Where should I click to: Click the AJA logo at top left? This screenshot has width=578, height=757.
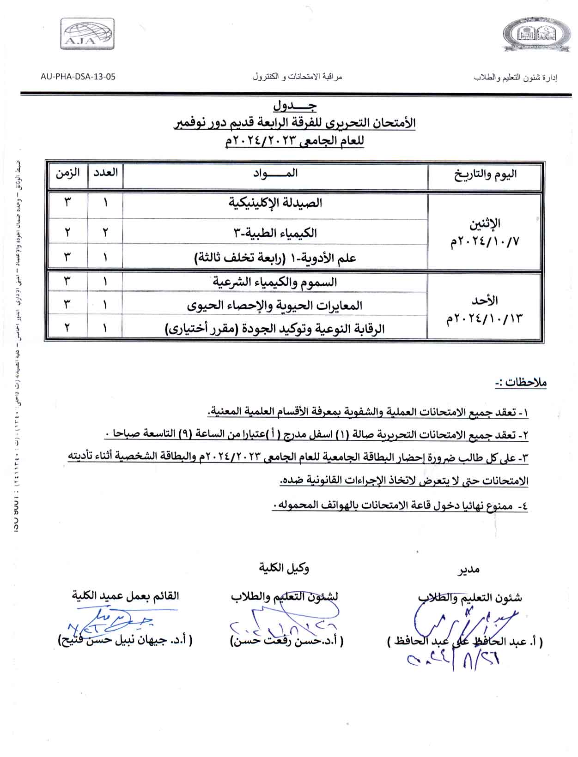pyautogui.click(x=87, y=34)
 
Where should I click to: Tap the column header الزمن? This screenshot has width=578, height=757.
pyautogui.click(x=67, y=173)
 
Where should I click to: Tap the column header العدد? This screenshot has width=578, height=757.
pyautogui.click(x=105, y=173)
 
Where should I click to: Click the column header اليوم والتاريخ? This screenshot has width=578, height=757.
pyautogui.click(x=485, y=174)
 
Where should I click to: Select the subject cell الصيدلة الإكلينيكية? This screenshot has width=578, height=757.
pyautogui.click(x=276, y=203)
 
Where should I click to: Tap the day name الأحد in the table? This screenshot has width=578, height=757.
pyautogui.click(x=485, y=300)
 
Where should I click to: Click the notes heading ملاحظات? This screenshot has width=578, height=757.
pyautogui.click(x=520, y=383)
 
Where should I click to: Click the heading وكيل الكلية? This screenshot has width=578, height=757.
pyautogui.click(x=284, y=568)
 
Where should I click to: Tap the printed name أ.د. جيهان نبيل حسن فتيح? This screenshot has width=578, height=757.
pyautogui.click(x=125, y=640)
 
